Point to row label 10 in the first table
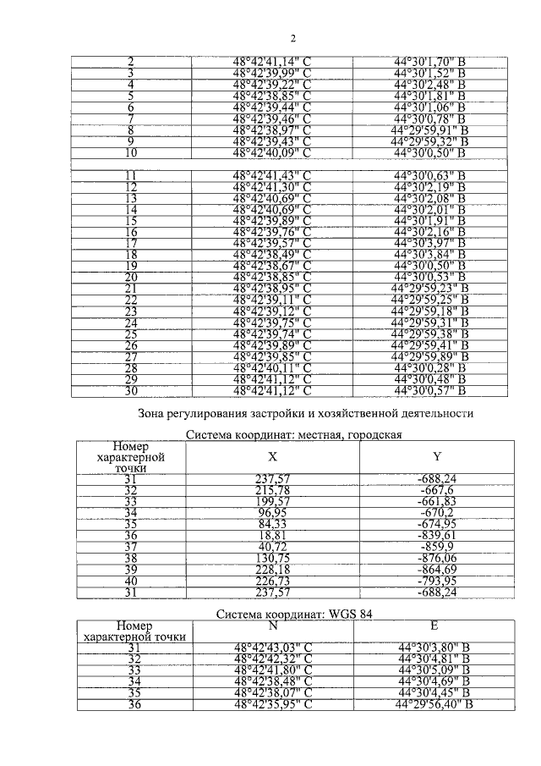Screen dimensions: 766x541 click(x=131, y=153)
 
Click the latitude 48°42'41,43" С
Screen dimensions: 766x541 click(x=272, y=175)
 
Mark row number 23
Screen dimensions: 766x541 click(x=131, y=311)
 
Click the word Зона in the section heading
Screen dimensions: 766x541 click(x=154, y=413)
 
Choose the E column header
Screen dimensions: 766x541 click(x=433, y=625)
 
